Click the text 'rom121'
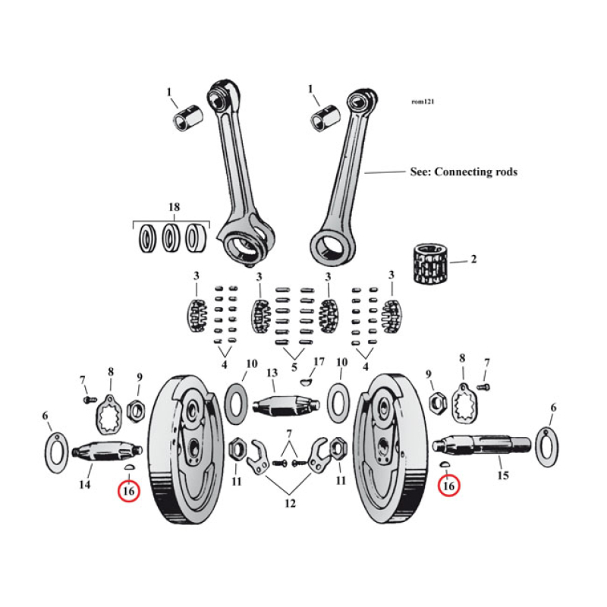point(423,101)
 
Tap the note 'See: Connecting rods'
point(463,172)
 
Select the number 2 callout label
point(473,259)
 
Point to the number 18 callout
point(173,207)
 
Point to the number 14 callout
point(86,484)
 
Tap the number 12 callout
point(288,502)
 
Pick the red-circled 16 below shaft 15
point(449,485)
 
